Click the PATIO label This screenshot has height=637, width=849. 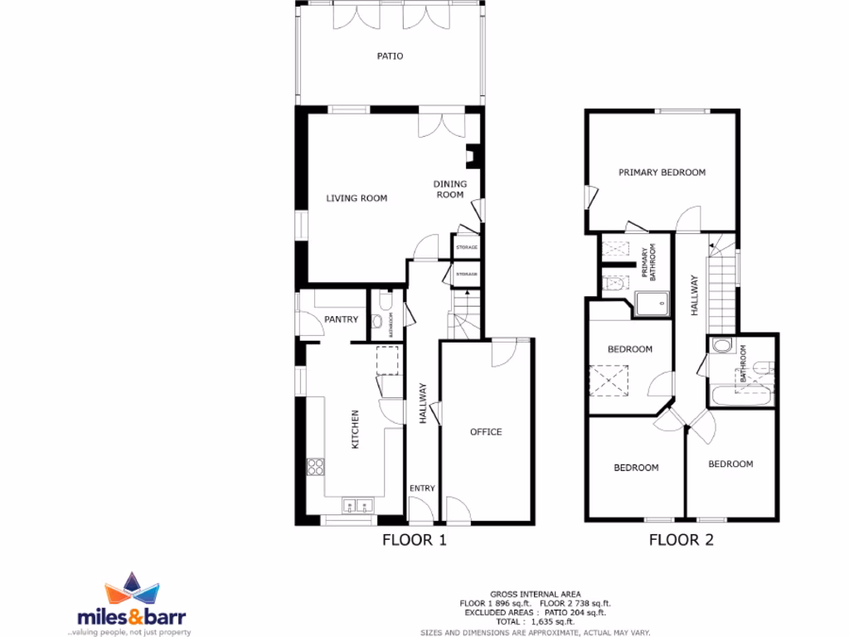390,56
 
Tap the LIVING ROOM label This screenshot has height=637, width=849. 357,198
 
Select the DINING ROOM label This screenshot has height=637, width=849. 450,189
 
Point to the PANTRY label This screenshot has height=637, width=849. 341,319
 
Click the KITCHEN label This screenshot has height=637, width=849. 357,430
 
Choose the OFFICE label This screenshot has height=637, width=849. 486,431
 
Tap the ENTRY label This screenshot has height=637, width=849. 422,489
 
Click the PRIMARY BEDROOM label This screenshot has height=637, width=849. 662,173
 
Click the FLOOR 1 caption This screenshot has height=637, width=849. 415,541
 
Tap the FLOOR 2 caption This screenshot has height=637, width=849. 681,541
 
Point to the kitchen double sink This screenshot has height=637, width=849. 357,504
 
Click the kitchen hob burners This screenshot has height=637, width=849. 316,467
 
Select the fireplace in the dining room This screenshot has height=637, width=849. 473,157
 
